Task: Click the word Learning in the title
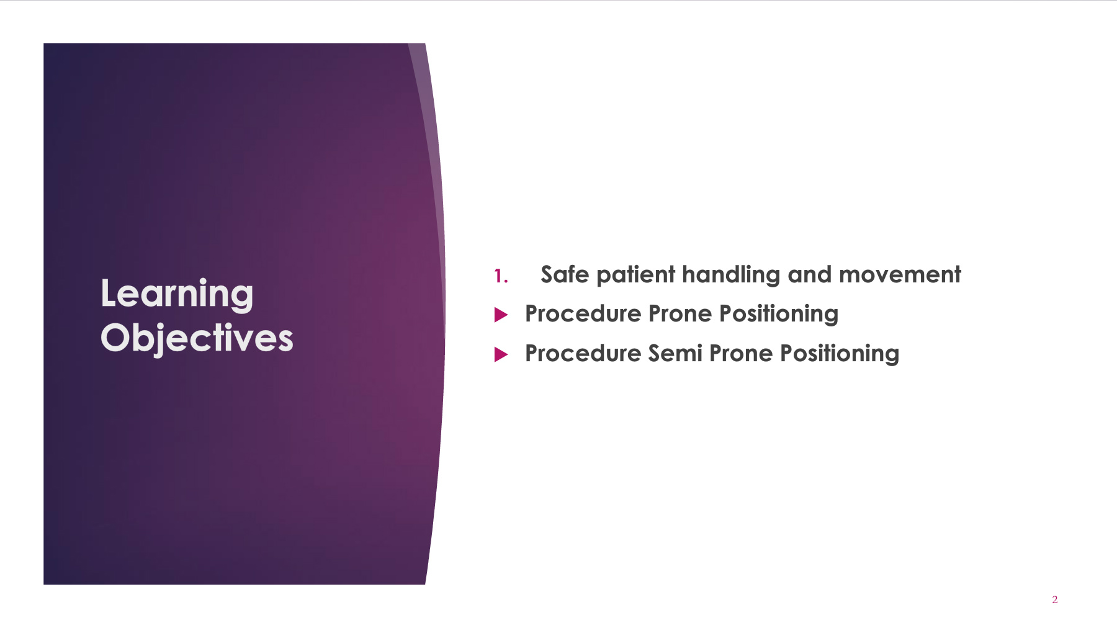coord(177,294)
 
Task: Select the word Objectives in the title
coord(197,339)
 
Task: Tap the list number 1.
coord(501,276)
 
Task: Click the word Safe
coord(565,274)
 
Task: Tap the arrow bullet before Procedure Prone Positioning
coord(501,315)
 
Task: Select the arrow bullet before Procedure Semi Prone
coord(501,355)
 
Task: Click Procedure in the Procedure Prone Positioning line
coord(583,314)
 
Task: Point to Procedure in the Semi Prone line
coord(583,354)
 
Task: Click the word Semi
coord(675,354)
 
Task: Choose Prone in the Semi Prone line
coord(741,354)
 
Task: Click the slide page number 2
coord(1055,599)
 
